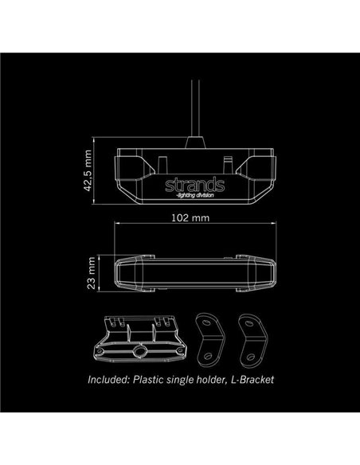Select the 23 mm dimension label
pyautogui.click(x=94, y=273)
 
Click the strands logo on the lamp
pyautogui.click(x=194, y=186)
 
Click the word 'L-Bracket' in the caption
pyautogui.click(x=251, y=381)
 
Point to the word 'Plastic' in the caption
pyautogui.click(x=154, y=381)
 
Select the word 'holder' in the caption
pyautogui.click(x=209, y=381)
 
